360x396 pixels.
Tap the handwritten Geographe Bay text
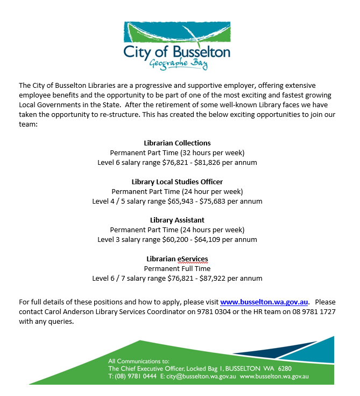coord(178,64)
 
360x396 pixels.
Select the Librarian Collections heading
coord(177,143)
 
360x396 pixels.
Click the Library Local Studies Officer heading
coord(177,182)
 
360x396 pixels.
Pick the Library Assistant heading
coord(177,220)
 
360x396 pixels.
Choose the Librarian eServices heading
coord(177,259)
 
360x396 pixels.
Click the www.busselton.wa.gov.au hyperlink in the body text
coord(264,302)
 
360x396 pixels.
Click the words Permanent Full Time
coord(177,268)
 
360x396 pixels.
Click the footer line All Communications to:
coord(138,361)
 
